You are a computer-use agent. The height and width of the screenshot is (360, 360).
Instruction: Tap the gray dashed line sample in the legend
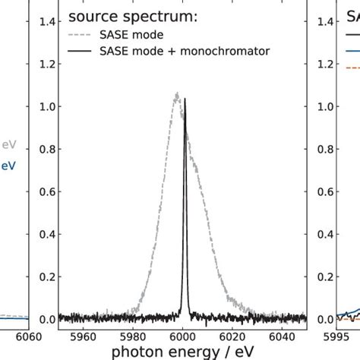[x=84, y=35]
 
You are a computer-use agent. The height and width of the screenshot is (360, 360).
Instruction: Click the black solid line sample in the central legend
[x=84, y=51]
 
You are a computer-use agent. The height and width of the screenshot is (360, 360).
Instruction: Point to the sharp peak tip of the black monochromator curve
[x=185, y=99]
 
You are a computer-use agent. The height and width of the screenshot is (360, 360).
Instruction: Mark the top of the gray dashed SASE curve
[x=177, y=94]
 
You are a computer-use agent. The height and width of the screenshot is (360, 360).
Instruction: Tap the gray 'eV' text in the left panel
[x=8, y=144]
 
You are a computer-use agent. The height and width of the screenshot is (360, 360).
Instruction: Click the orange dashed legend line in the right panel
[x=352, y=68]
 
